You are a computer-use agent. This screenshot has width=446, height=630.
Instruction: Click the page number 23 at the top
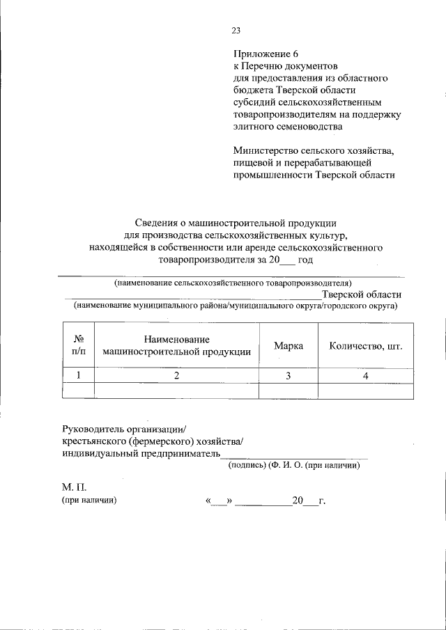(235, 30)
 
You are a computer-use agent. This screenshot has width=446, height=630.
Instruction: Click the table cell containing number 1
(79, 375)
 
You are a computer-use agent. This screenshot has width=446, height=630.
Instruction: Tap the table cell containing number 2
(176, 375)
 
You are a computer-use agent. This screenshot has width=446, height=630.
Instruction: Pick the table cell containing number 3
(288, 375)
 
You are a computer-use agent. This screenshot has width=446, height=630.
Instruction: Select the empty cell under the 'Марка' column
(288, 391)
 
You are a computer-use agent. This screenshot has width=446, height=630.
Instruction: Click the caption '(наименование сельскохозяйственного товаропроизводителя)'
(233, 283)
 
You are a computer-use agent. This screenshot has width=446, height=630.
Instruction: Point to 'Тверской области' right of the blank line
(361, 294)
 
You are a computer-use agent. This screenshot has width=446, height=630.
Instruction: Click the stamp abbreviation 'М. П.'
(74, 487)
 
